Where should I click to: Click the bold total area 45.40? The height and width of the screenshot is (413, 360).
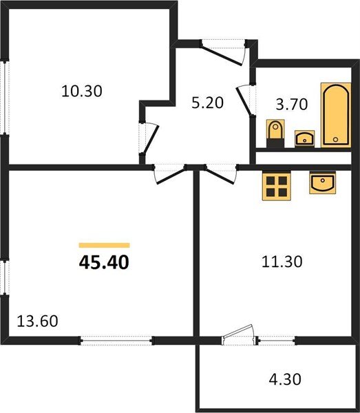coord(104,262)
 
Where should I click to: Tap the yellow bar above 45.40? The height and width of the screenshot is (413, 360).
coord(104,244)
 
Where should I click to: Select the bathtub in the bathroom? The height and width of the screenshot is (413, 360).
coord(336,114)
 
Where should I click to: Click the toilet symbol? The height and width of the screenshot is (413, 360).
coord(274,132)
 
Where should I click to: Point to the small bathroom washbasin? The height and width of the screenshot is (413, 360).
coord(304,138)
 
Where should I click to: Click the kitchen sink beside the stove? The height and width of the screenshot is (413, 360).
coord(322,183)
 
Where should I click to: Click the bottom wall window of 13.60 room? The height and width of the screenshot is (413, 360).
coord(115,339)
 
